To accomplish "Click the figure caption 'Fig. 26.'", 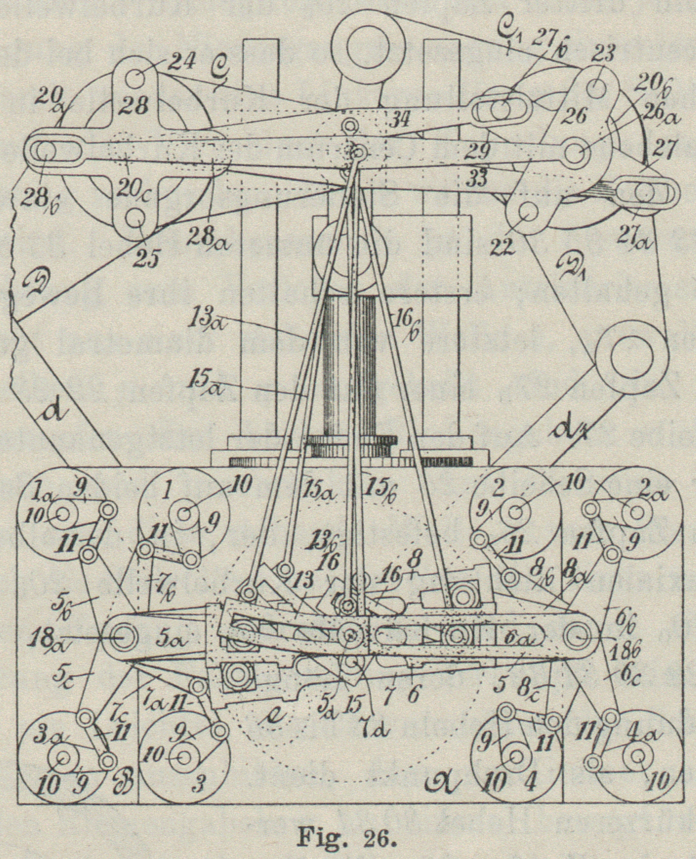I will pyautogui.click(x=348, y=839).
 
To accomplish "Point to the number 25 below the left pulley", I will pyautogui.click(x=147, y=260).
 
